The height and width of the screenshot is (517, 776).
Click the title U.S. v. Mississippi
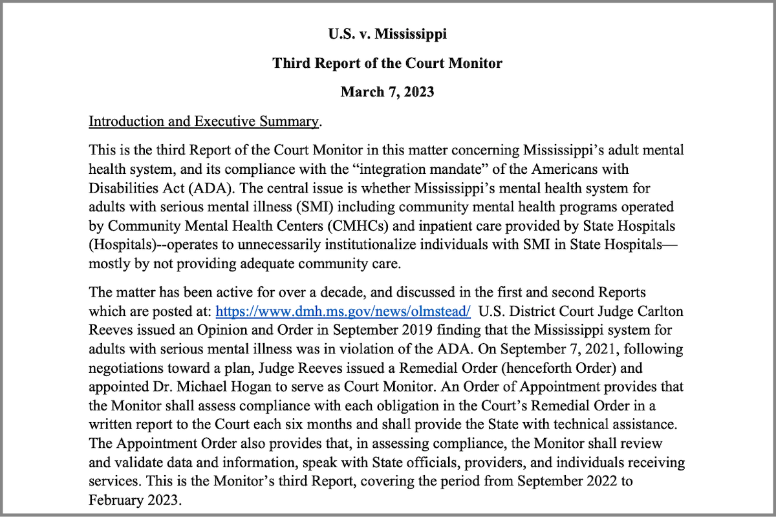tap(387, 34)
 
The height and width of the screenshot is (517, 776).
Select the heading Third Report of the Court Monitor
tap(387, 63)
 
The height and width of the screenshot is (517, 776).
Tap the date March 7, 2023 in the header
tap(387, 92)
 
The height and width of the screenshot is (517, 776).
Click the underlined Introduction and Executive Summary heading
tap(204, 121)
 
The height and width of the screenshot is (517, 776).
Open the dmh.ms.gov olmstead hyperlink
tap(343, 310)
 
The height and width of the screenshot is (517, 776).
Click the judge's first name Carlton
tap(658, 310)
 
